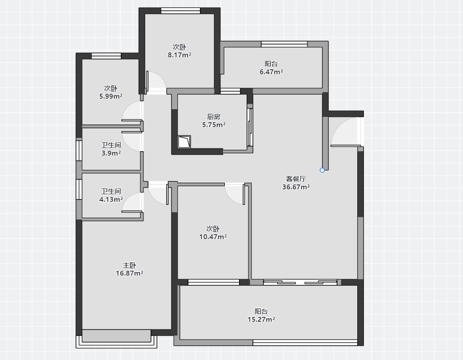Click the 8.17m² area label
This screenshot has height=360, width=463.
[x=180, y=55]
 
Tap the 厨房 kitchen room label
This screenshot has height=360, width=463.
[x=214, y=116]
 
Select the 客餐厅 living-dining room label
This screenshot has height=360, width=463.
[x=296, y=179]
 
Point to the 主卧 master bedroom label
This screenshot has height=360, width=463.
[x=129, y=265]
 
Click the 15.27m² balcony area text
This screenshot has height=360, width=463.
[x=261, y=319]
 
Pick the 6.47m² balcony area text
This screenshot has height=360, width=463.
[x=271, y=72]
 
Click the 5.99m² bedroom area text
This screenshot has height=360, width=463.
[x=111, y=96]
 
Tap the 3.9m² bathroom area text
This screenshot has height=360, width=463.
[x=111, y=153]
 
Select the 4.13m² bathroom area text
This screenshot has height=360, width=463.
[x=111, y=200]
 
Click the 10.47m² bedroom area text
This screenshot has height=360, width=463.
[x=213, y=236]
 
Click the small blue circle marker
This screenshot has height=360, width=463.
[x=322, y=170]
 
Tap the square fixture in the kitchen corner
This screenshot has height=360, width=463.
[x=184, y=142]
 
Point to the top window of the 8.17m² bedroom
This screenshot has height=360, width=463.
[x=180, y=11]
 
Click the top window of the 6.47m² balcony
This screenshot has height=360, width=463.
[x=284, y=44]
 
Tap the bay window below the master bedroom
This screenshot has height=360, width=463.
[x=116, y=339]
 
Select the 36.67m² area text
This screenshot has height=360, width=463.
[x=296, y=187]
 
